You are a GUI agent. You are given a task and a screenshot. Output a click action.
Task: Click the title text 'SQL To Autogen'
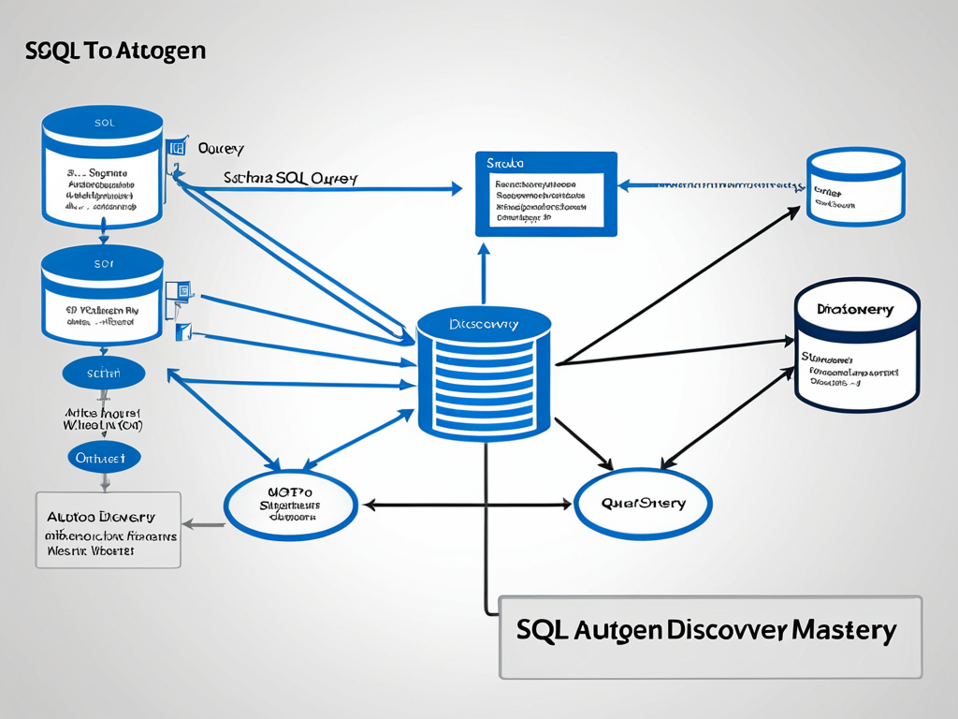116,51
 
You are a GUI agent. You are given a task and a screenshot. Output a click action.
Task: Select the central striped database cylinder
484,374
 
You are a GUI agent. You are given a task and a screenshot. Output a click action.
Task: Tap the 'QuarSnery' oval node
643,504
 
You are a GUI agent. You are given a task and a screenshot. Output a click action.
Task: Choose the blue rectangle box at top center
546,194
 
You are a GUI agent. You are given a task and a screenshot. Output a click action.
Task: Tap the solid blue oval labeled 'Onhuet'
104,457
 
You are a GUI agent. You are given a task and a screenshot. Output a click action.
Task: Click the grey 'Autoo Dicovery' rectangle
109,530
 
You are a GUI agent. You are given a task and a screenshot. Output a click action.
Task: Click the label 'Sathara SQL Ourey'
290,177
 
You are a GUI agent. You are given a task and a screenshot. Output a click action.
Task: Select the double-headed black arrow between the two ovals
467,505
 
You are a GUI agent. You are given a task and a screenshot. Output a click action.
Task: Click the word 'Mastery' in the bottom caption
845,630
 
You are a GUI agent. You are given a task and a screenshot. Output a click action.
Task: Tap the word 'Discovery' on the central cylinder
484,324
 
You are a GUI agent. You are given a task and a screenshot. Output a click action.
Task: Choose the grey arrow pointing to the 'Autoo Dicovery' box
203,524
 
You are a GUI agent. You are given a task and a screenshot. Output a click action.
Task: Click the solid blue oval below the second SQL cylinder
103,374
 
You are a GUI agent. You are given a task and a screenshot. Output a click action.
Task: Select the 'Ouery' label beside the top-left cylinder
221,149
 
